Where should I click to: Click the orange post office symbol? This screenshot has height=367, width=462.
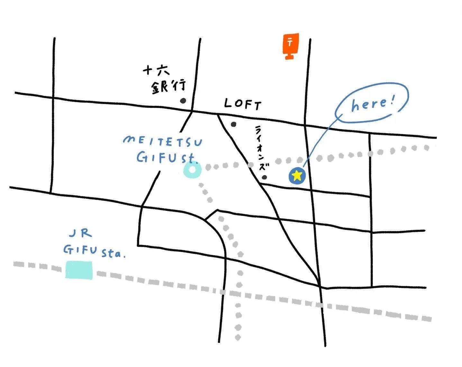coord(291,45)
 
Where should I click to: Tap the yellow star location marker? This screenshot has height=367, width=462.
coord(297,176)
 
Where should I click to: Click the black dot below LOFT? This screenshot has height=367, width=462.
coord(234,124)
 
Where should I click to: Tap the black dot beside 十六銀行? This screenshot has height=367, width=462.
coord(183,101)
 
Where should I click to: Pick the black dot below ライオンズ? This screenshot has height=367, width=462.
coord(264,177)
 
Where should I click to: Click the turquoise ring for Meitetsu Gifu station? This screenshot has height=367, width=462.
coord(192,170)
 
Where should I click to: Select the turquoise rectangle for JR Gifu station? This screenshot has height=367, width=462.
coord(79,270)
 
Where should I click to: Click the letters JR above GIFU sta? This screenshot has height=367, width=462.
coord(81,233)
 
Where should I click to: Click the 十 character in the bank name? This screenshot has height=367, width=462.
coord(148,70)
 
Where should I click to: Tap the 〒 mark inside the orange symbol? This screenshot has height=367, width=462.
coord(290,42)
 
